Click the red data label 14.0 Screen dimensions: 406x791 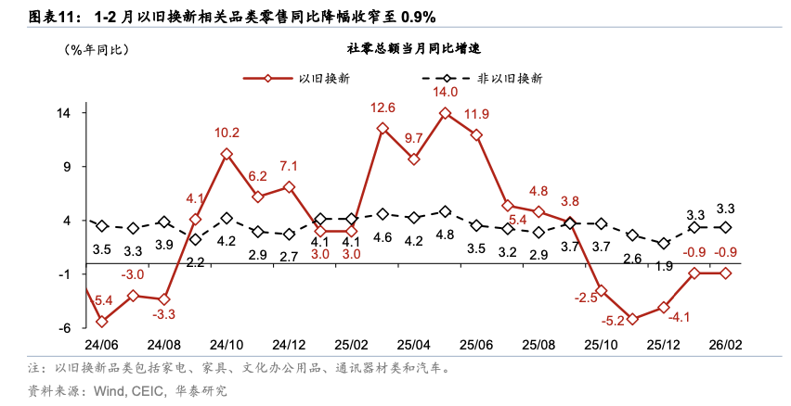tap(446, 92)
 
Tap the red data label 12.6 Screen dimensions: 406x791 tap(383, 108)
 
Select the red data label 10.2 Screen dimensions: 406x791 tap(227, 133)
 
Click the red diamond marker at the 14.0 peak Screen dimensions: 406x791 tap(446, 113)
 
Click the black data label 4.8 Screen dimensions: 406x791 tap(446, 235)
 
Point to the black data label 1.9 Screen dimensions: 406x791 tap(664, 266)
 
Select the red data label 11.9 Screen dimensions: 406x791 tap(477, 114)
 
